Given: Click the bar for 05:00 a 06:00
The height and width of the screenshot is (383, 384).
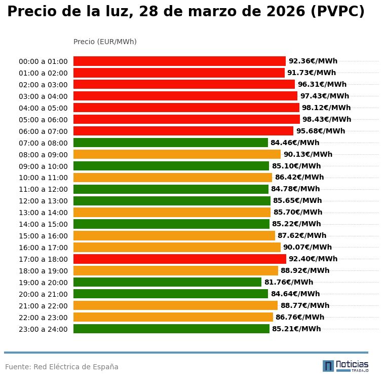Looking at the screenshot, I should tap(186, 119).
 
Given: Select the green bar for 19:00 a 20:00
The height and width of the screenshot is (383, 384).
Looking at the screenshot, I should tap(167, 282).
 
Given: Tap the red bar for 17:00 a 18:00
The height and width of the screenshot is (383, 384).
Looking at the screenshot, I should tap(179, 259).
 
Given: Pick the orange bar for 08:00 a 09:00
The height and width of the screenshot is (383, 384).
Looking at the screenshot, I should tap(177, 154).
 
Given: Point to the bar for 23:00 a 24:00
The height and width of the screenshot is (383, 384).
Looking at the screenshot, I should tap(171, 329).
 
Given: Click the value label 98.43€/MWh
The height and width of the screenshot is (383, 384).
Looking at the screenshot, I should tap(326, 119).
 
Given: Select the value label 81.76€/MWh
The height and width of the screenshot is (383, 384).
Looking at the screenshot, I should tap(288, 282).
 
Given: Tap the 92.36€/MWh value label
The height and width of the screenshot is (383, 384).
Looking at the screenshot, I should tap(313, 61).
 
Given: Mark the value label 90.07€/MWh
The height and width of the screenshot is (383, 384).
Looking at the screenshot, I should tap(307, 247).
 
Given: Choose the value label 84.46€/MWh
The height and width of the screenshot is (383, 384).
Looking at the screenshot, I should tap(294, 143).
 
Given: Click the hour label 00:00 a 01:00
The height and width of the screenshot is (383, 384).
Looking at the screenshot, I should tap(43, 61).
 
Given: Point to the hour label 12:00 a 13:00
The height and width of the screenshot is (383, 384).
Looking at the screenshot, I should tap(43, 201).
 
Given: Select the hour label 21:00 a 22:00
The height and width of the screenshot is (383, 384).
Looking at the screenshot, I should tap(43, 306).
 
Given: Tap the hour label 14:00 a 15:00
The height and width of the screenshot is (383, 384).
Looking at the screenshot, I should tap(43, 224).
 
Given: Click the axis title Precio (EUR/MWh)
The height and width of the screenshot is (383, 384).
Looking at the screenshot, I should tap(105, 42).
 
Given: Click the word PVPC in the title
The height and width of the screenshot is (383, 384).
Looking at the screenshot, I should tap(335, 12).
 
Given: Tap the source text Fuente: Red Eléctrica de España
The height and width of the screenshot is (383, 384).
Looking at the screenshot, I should tap(62, 367).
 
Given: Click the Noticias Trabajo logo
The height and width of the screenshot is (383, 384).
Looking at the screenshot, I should tap(345, 366).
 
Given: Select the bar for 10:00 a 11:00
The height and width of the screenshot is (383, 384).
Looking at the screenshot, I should tap(173, 178).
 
